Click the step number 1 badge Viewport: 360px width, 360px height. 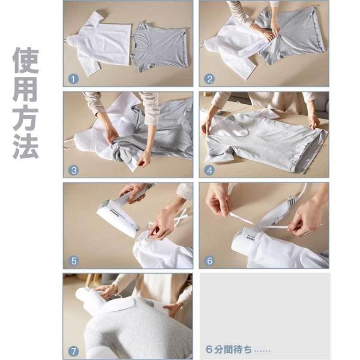[x=73, y=79]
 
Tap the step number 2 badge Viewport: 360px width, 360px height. [x=209, y=79]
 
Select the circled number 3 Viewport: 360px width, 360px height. [x=73, y=170]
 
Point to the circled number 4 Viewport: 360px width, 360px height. [x=209, y=170]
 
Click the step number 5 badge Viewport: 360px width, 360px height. [x=73, y=261]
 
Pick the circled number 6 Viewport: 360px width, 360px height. [x=209, y=261]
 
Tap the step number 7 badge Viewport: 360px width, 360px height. [x=73, y=352]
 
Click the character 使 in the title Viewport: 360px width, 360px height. [x=26, y=61]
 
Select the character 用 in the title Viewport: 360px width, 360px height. [x=26, y=89]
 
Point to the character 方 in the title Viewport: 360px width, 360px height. [x=26, y=118]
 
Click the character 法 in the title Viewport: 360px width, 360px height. [x=26, y=146]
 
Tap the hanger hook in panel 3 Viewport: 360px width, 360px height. [x=69, y=143]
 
